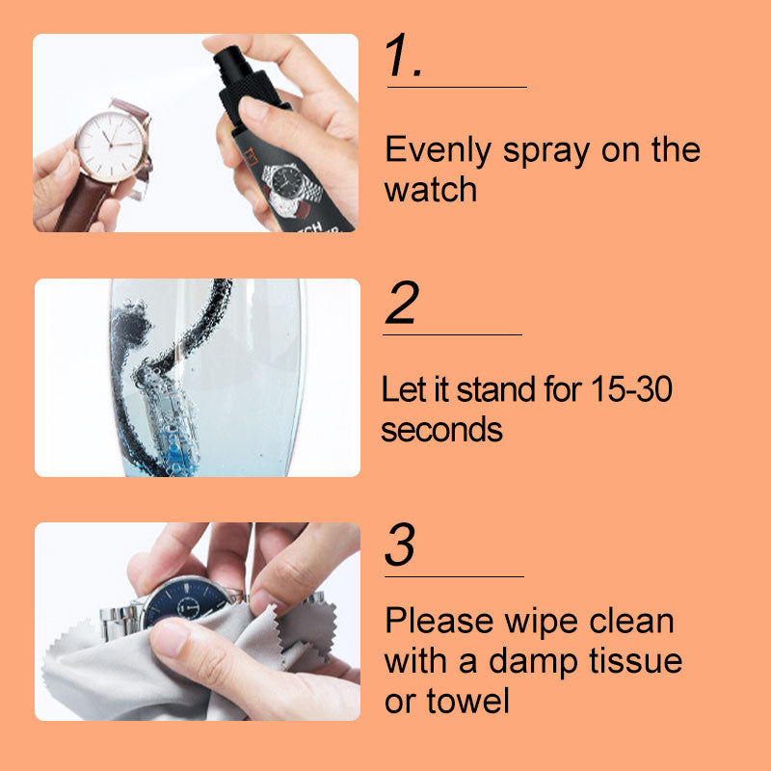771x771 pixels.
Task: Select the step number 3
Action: (400, 545)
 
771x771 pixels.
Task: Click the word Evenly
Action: (439, 151)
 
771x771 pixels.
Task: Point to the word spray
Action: (545, 152)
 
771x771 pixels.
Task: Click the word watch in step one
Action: (431, 189)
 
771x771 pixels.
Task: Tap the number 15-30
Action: (631, 389)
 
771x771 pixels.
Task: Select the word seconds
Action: (441, 429)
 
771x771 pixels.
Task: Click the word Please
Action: (439, 621)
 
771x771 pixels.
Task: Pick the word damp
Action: (533, 662)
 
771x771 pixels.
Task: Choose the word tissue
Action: (636, 660)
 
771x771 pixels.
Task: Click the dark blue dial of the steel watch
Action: (187, 601)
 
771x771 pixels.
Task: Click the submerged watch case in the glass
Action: (170, 423)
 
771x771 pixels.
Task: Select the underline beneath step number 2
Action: (452, 334)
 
